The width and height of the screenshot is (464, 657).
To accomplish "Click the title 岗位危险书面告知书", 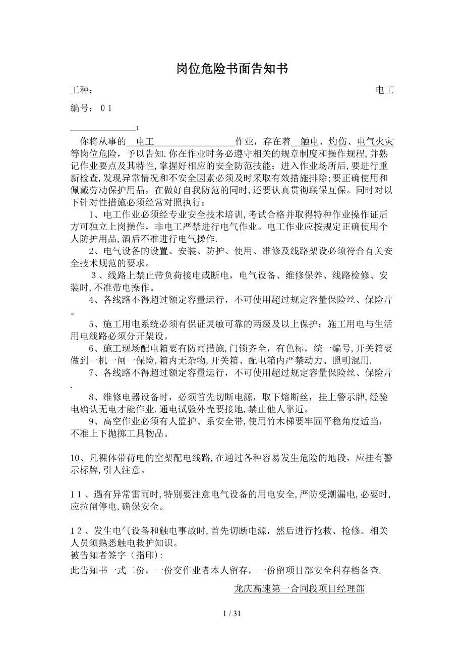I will (232, 69).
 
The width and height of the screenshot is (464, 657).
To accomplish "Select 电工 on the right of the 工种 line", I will (384, 91).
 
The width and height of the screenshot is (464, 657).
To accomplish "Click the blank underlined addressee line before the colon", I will (103, 128).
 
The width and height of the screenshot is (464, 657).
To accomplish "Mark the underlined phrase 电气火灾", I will (375, 141).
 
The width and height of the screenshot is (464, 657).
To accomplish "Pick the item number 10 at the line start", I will (77, 458).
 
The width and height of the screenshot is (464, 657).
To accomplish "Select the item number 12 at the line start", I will (77, 531).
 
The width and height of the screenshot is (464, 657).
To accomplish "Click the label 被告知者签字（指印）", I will (117, 556).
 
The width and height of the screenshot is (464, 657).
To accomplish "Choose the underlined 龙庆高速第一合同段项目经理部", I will (299, 588).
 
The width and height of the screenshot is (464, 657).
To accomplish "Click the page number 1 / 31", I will (232, 614).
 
